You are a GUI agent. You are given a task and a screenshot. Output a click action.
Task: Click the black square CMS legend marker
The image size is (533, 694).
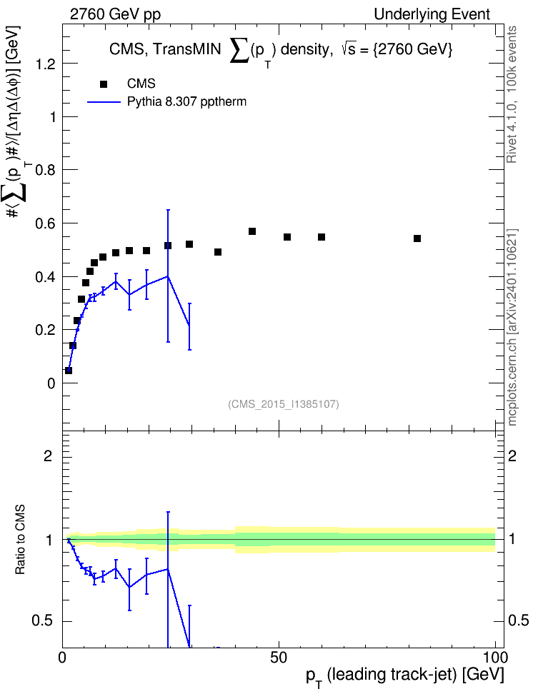pos(104,84)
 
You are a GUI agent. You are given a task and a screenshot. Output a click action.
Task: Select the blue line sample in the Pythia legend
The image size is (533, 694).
pos(104,102)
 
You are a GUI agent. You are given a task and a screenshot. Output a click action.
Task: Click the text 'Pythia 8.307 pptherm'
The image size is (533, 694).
pos(186,102)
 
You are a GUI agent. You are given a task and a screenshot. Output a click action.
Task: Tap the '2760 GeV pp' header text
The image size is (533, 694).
pos(115,14)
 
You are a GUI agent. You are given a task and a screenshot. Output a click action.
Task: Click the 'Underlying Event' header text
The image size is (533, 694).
pos(432,14)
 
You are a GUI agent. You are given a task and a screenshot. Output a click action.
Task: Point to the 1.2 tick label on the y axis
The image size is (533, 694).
pos(46,64)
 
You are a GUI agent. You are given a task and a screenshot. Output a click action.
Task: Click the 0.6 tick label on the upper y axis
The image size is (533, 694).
pos(46,223)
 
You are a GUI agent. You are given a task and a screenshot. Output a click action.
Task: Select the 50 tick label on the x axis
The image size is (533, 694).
pos(279,658)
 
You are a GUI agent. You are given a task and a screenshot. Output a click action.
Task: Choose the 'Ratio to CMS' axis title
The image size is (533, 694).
pos(21,540)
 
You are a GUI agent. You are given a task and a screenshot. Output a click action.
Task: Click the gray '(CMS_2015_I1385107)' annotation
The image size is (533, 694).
pos(284,404)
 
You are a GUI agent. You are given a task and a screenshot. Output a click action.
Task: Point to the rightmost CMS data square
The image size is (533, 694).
pos(417,238)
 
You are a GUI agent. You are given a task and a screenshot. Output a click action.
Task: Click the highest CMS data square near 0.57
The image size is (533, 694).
pos(252,231)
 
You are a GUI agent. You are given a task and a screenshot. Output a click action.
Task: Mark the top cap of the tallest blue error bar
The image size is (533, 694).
pos(168,210)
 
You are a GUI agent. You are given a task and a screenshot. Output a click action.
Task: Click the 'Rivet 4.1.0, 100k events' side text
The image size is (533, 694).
pos(512,94)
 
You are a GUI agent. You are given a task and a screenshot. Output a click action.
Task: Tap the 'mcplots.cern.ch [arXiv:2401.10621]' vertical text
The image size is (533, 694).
pos(512,327)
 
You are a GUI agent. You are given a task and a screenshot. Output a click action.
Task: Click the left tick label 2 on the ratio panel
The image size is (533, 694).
pos(48,456)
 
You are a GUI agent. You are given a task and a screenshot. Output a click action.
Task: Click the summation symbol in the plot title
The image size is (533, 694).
pos(239,49)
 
